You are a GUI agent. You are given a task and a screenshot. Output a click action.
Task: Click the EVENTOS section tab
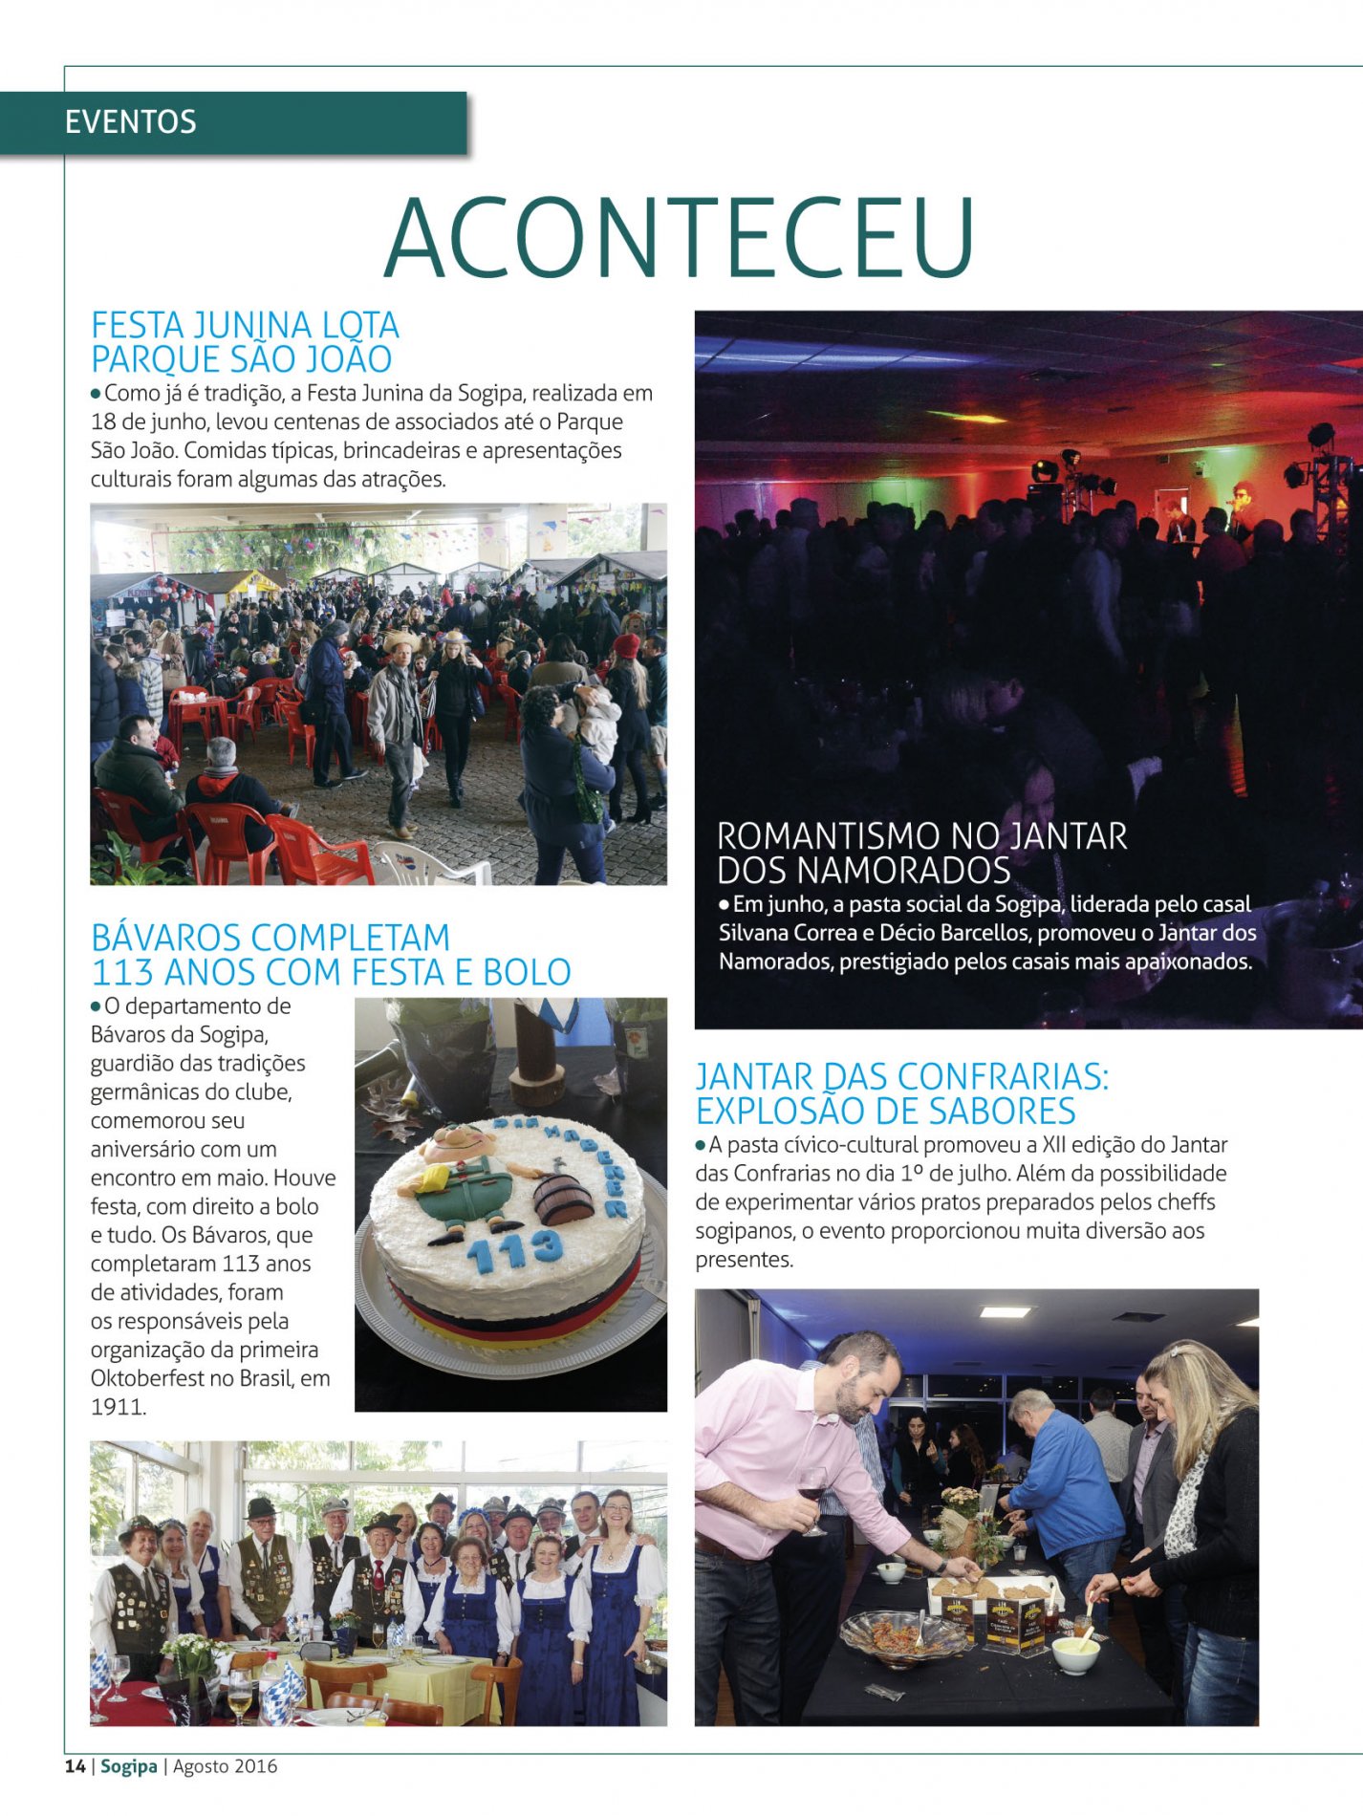(x=131, y=122)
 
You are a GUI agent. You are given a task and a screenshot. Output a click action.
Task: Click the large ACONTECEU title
(x=680, y=238)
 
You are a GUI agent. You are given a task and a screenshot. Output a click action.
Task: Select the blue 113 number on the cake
(x=515, y=1246)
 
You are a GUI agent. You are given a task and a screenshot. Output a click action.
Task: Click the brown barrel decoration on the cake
(x=564, y=1199)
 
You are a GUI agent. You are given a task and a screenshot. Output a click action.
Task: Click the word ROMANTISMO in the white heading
(x=834, y=836)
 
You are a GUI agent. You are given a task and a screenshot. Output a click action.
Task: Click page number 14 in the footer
(x=75, y=1766)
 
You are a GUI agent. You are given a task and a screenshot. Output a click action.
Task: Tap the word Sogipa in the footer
(x=128, y=1766)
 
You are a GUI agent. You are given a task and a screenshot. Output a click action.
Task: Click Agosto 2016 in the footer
(x=225, y=1766)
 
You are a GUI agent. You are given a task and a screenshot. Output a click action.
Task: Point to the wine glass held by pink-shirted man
(x=812, y=1491)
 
